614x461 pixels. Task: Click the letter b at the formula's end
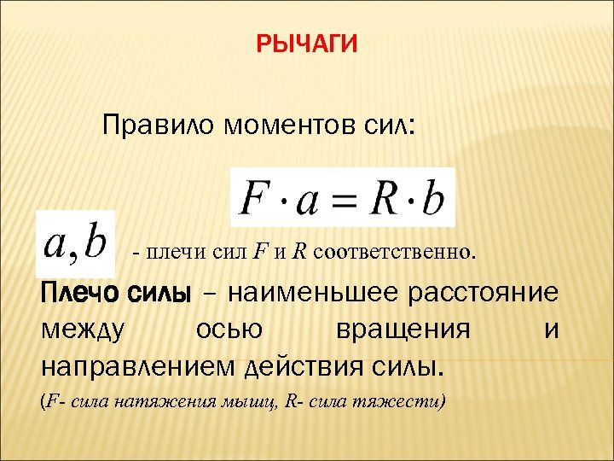(x=433, y=198)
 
